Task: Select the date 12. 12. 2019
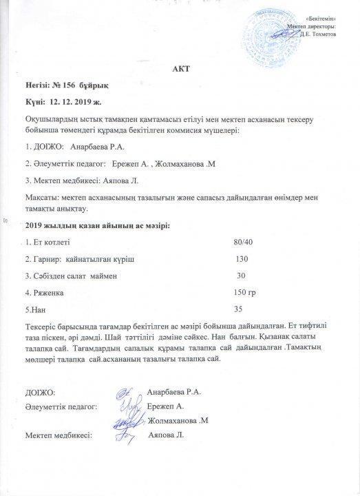coord(74,101)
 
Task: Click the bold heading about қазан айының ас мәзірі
coord(97,225)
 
